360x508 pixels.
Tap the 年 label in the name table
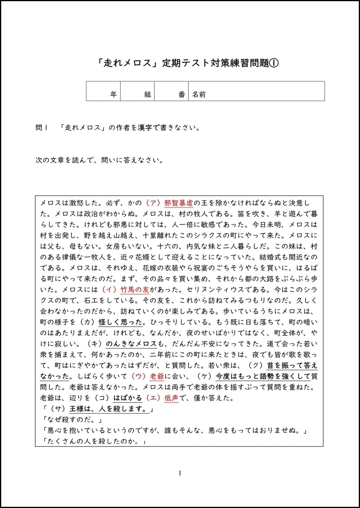point(113,94)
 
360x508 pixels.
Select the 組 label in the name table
point(147,94)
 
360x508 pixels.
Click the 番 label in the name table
point(181,94)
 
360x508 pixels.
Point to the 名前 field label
point(199,94)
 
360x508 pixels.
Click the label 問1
point(41,128)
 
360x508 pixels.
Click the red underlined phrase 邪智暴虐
point(179,203)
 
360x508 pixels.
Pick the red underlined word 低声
point(172,397)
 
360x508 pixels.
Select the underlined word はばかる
point(128,397)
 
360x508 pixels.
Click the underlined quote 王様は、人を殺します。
point(109,408)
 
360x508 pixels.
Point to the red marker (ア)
point(152,203)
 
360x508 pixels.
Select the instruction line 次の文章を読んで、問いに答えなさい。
point(99,161)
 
